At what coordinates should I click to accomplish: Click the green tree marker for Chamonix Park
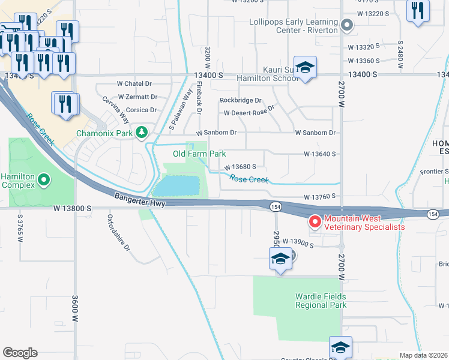click(142, 132)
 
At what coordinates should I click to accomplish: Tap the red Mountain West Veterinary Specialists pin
click(315, 223)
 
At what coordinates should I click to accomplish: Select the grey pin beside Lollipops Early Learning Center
click(346, 26)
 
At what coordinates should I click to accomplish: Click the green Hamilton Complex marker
click(44, 179)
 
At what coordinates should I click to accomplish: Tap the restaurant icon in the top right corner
click(417, 10)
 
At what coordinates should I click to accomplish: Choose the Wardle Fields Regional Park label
click(321, 301)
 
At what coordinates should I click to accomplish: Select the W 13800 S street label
click(71, 208)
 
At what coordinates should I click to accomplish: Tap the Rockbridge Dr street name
click(241, 100)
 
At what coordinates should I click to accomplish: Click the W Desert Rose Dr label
click(249, 112)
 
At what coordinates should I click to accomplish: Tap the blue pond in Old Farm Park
click(176, 185)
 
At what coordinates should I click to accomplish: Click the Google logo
click(20, 353)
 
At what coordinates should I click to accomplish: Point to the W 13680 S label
click(241, 167)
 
